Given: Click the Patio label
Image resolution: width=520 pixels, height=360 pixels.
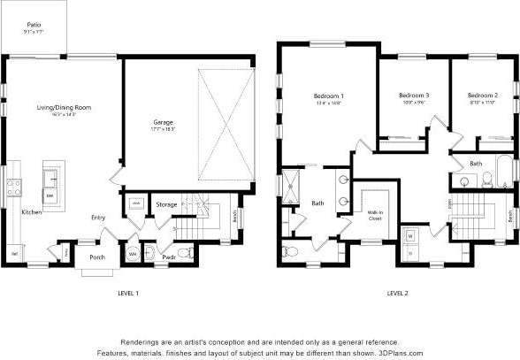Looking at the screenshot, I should [33, 26].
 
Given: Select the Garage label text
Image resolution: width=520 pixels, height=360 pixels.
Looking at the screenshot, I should [164, 122].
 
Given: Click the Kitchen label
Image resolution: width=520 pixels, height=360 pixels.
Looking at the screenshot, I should [32, 212].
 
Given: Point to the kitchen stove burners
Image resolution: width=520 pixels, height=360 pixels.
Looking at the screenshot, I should [14, 187].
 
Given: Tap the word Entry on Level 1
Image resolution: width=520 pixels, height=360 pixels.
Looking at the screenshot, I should [98, 217].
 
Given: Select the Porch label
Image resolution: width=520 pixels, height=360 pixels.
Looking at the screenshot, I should [96, 259].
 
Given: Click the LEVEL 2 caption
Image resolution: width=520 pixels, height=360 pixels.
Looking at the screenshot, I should [397, 292].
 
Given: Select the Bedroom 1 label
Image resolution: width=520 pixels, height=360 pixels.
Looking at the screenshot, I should [328, 96].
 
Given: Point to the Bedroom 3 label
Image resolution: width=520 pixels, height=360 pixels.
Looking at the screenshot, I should [413, 96].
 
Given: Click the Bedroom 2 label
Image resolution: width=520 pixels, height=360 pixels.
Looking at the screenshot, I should [482, 96].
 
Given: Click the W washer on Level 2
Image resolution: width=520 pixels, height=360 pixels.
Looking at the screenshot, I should [410, 236].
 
